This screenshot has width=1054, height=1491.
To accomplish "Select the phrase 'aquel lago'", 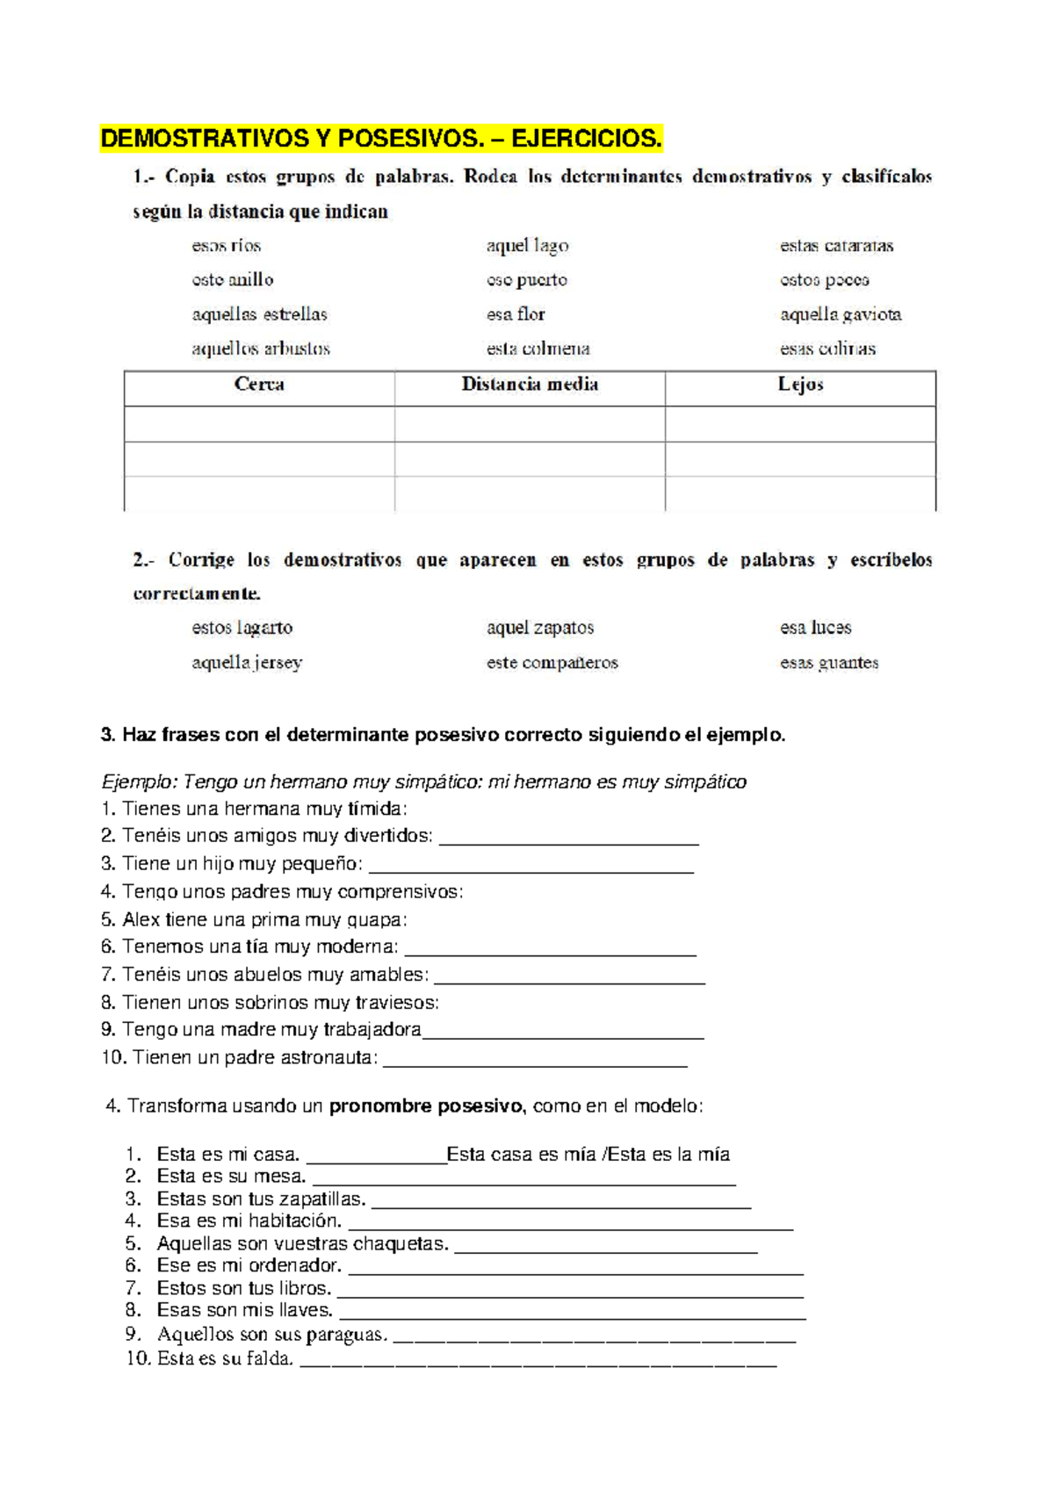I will (x=527, y=246).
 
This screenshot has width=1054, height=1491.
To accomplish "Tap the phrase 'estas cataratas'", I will (x=836, y=246).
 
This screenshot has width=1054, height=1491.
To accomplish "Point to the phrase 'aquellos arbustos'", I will (x=261, y=349).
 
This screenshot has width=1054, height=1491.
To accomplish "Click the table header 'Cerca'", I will (x=259, y=385).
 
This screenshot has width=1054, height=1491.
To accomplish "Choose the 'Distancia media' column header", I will (x=530, y=385).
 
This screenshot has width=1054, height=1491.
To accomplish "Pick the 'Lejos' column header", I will (x=800, y=385).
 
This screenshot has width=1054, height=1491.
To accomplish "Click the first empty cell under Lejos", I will (x=800, y=424).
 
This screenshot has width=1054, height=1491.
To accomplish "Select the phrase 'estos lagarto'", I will (x=242, y=628).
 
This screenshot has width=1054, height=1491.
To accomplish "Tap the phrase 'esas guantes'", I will (x=829, y=663).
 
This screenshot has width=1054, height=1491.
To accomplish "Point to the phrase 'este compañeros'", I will (x=552, y=663).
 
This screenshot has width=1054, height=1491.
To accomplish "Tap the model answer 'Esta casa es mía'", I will (x=522, y=1155).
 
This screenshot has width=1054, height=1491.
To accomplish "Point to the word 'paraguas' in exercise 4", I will (x=350, y=1335).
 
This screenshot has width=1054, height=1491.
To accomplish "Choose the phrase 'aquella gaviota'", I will (x=841, y=314).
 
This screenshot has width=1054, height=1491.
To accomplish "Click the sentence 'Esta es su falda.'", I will (x=224, y=1358).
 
